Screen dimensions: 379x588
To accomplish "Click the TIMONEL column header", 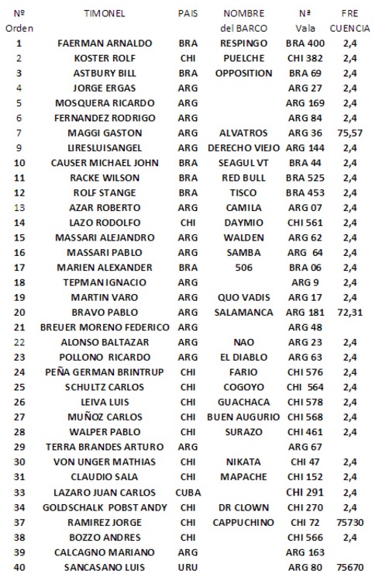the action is pos(105,13).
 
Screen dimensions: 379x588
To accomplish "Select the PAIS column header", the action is pos(188,13).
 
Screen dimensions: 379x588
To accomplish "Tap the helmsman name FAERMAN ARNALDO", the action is pos(105,43).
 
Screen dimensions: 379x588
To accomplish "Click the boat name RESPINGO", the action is pos(244,43).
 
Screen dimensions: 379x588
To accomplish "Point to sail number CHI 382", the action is pos(305,58).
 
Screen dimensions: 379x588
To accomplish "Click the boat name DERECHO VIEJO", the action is pos(244,147).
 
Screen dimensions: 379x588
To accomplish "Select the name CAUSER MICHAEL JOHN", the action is pos(105,163).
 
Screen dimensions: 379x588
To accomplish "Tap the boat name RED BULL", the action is pos(244,178).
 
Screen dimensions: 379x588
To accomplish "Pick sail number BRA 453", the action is pos(305,192).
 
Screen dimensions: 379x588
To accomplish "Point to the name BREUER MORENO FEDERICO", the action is pos(105,327).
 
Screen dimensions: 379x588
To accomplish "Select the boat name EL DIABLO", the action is pos(244,357).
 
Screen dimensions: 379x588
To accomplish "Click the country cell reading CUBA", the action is pos(188,492).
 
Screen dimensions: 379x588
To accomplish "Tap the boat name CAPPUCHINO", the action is pos(244,522).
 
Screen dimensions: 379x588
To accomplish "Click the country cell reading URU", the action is pos(188,567).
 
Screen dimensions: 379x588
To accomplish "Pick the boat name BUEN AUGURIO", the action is pos(244,417).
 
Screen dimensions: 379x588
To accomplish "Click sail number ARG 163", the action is pos(305,552).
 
